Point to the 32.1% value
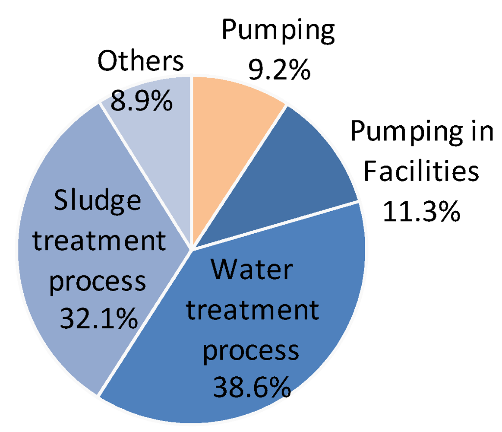tap(99, 318)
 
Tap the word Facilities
tap(421, 172)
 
